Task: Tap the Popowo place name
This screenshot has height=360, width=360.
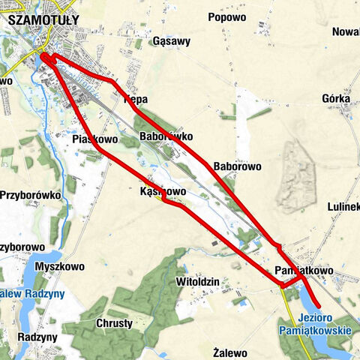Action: [227, 17]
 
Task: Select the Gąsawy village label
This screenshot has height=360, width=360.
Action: [171, 42]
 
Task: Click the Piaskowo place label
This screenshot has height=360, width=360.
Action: [95, 139]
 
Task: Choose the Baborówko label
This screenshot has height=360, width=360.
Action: [166, 136]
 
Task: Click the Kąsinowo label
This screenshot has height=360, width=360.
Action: [163, 192]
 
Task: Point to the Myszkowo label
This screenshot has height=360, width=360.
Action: [59, 265]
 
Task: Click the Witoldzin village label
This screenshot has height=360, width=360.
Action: [196, 281]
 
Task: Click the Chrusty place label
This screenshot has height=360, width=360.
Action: [115, 323]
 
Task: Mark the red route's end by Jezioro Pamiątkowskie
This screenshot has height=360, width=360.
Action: [319, 306]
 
